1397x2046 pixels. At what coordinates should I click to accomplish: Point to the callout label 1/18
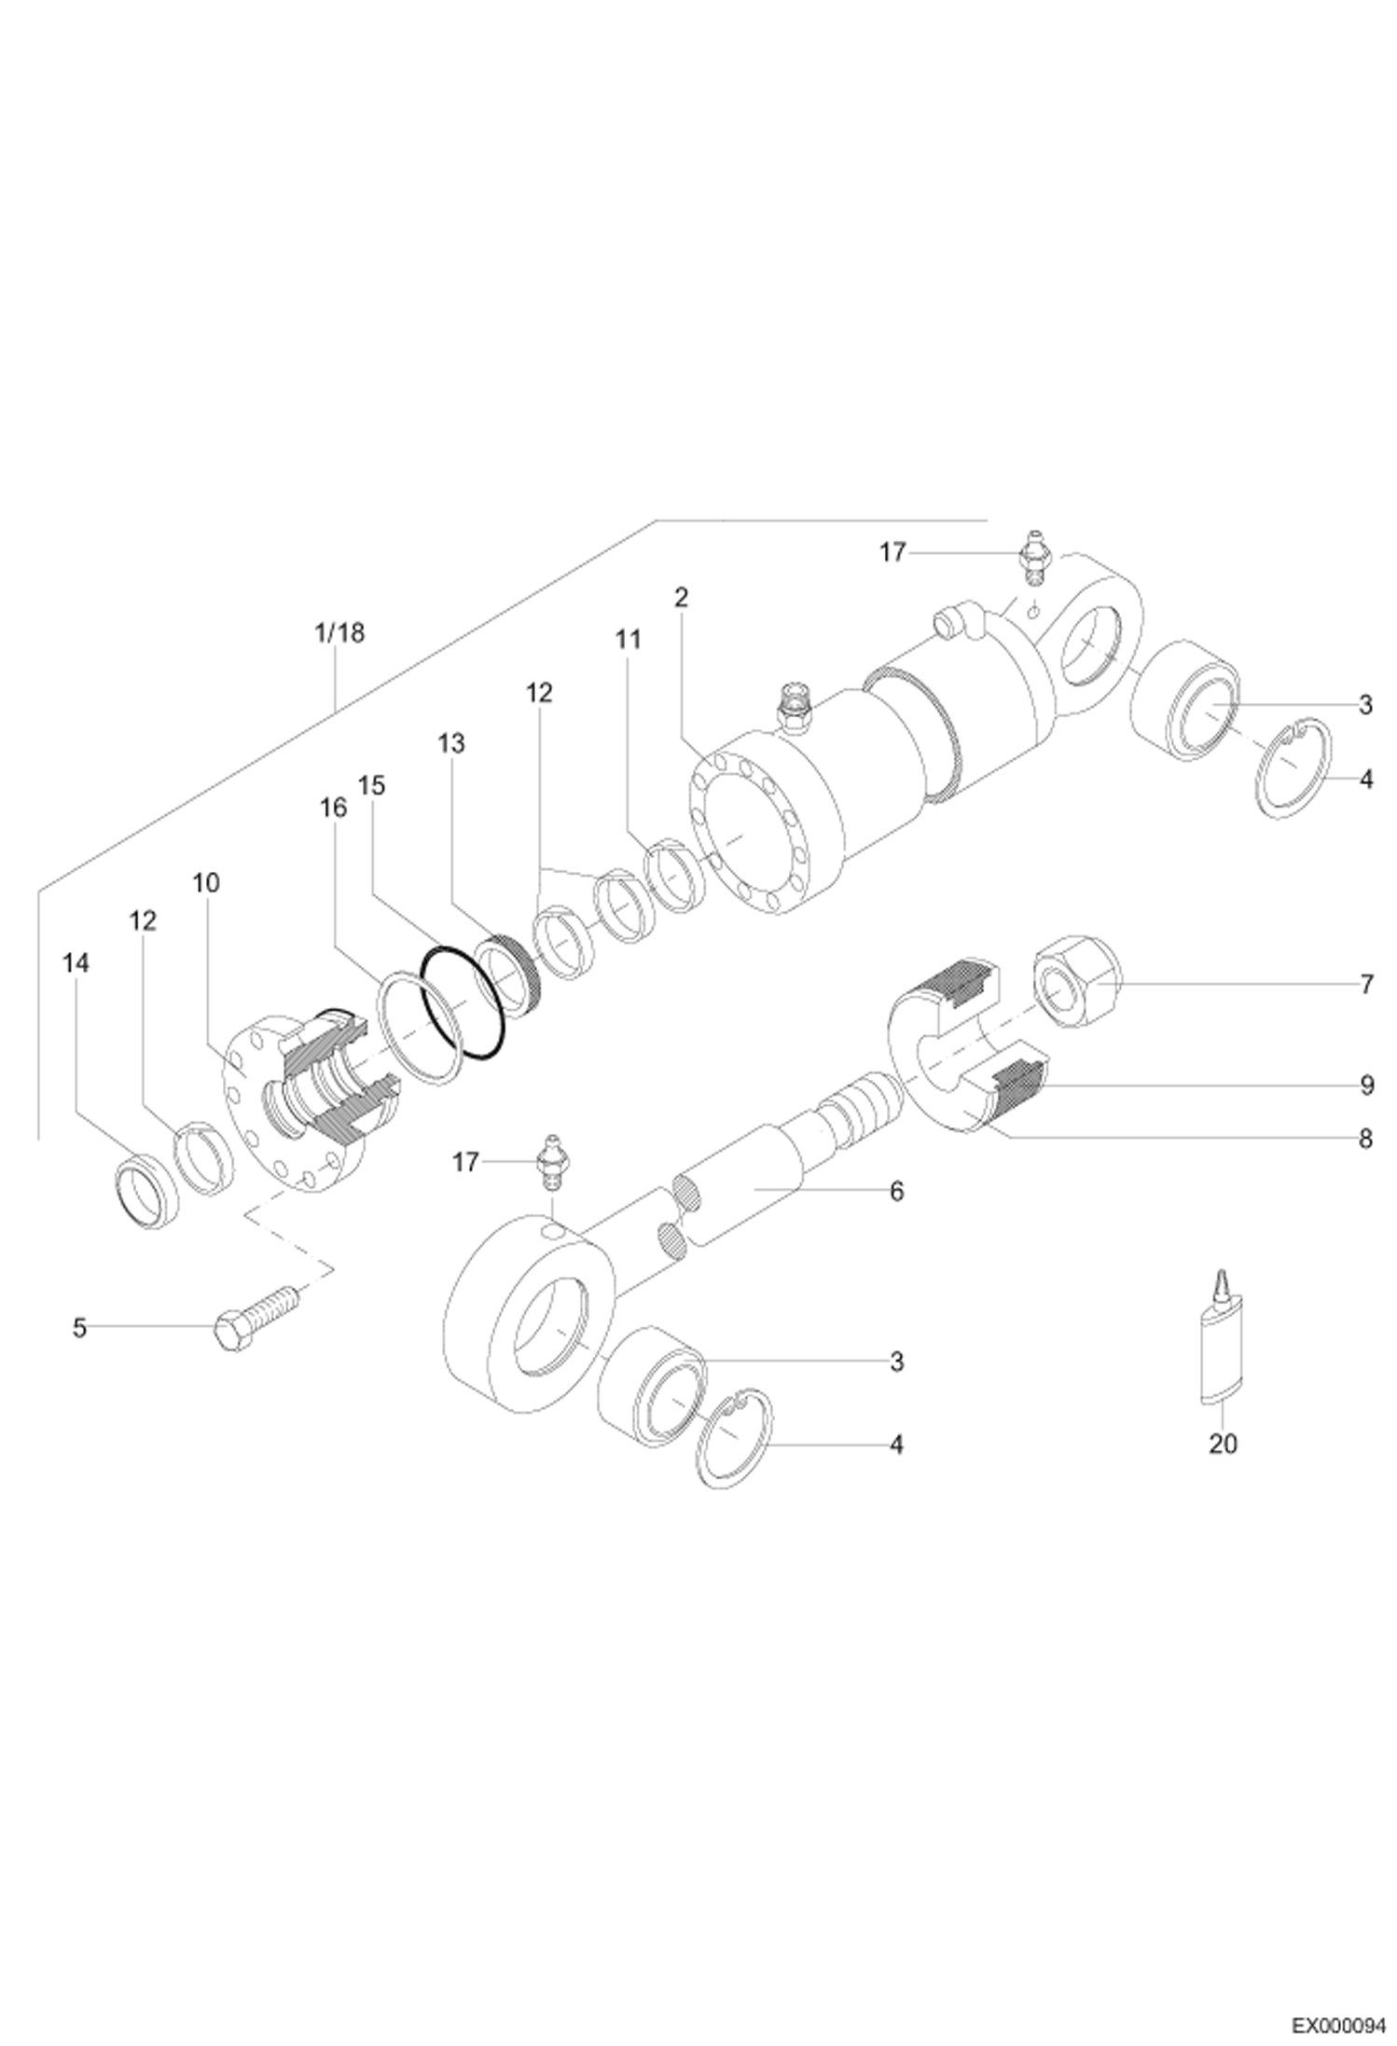tap(339, 634)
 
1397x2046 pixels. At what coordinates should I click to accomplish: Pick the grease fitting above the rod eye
tap(553, 1162)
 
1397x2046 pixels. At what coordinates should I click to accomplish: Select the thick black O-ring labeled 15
tap(463, 1003)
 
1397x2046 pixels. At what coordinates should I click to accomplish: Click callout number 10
tap(206, 882)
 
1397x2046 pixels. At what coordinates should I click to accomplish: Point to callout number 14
tap(76, 963)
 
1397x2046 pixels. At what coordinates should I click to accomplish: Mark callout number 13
tap(452, 743)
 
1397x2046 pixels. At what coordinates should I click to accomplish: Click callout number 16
tap(333, 807)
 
